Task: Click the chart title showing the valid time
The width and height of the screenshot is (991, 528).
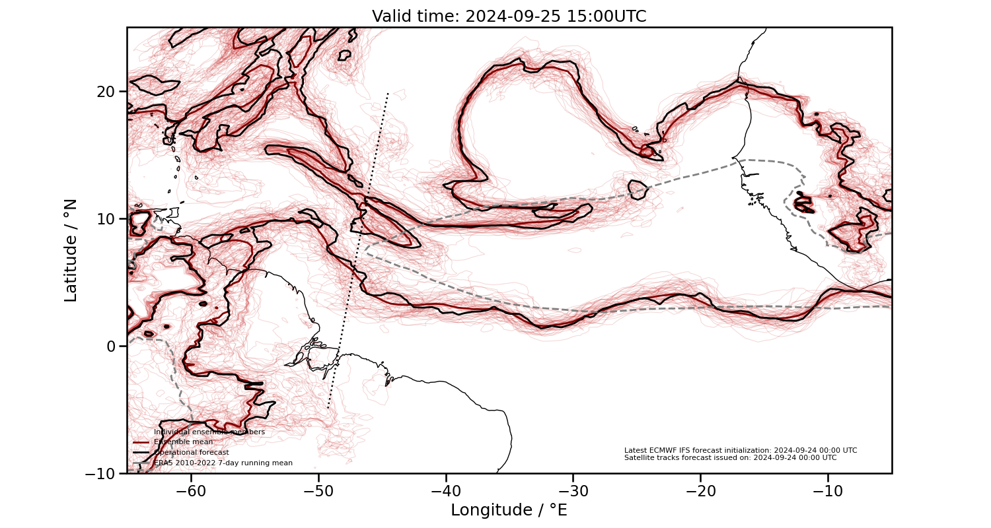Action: click(509, 16)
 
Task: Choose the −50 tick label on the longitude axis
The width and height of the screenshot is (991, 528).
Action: click(319, 491)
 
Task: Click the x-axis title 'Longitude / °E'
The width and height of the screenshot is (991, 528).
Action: click(509, 510)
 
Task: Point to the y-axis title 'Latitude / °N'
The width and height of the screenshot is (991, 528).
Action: click(71, 250)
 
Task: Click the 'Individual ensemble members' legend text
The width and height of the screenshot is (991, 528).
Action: click(209, 432)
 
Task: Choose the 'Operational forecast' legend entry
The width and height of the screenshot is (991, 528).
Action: click(192, 453)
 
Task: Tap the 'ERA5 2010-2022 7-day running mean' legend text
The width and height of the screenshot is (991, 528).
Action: click(223, 463)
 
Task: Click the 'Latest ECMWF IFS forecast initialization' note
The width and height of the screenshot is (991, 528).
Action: click(741, 450)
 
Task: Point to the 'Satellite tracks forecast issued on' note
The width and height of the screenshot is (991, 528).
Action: click(730, 457)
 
